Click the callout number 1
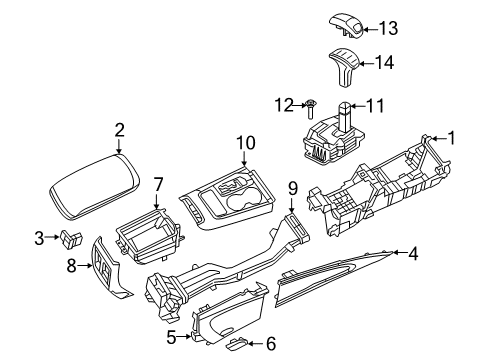[450, 139]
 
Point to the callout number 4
[412, 254]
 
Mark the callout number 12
[283, 105]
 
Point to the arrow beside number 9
[293, 202]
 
